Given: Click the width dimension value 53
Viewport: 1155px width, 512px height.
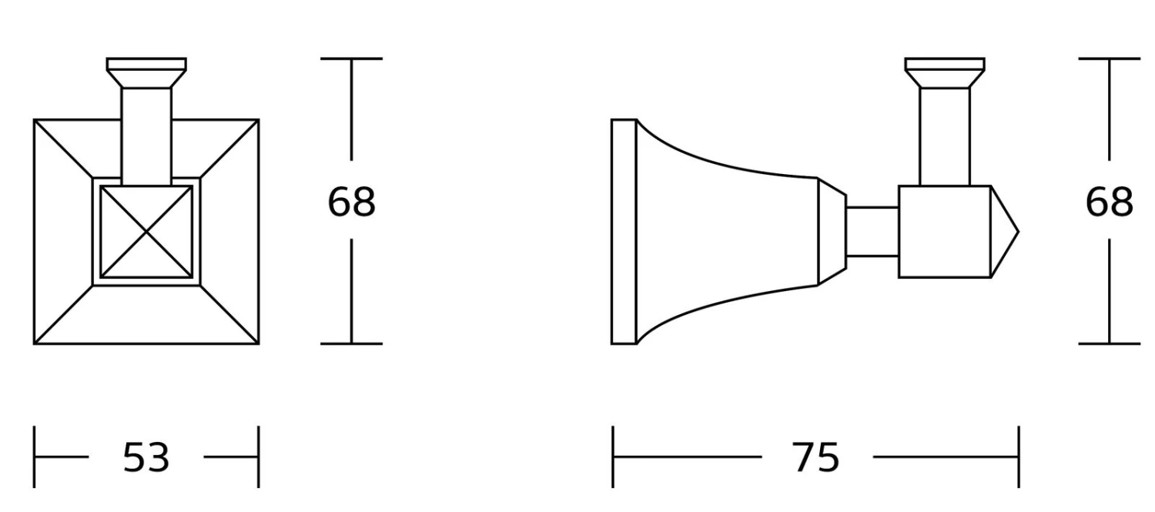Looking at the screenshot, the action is pos(146,457).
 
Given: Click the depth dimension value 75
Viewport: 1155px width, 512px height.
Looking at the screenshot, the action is pos(815,457).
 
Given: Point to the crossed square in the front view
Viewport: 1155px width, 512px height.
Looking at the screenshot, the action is pos(146,232).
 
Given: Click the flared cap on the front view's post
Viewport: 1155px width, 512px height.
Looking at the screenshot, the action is pos(146,72).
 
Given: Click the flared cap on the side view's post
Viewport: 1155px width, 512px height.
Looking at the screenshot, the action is pos(945,72).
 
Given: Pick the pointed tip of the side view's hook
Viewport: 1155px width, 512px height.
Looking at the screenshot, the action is pos(1019,232).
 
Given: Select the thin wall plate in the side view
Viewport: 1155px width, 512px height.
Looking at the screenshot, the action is pos(624,232).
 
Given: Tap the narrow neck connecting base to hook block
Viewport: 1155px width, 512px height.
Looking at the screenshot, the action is pos(872,232).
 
